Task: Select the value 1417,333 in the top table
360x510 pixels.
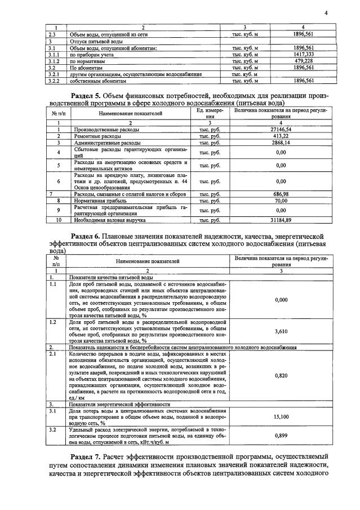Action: coord(304,55)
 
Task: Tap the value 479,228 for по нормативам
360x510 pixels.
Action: coord(304,61)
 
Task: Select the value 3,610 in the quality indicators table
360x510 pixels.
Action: coord(281,331)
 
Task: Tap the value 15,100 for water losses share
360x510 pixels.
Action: coord(281,416)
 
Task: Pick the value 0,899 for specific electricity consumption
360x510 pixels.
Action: coord(281,436)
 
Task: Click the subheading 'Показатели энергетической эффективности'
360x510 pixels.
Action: coord(119,404)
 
